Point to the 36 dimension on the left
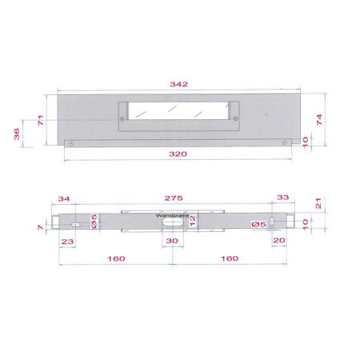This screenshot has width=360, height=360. pos(18,134)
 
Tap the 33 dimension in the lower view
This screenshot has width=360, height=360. pos(282,198)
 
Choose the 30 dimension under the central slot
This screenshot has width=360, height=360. pos(172,240)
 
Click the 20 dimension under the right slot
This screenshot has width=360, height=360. pos(279,240)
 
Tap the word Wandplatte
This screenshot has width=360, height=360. pos(172,215)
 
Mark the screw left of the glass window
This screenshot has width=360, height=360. pos(122,119)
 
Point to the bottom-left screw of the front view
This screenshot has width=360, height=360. pos(72,143)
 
